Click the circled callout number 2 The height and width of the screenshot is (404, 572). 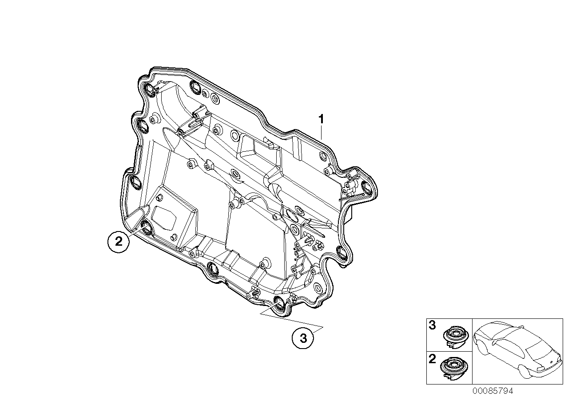click(x=119, y=242)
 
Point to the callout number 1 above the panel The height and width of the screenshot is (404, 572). click(x=321, y=107)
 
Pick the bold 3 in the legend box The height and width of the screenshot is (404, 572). click(x=432, y=326)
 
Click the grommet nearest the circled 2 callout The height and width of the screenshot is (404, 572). click(x=145, y=228)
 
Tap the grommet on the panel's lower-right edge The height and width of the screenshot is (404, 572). click(x=342, y=253)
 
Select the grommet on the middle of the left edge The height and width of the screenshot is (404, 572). click(x=133, y=180)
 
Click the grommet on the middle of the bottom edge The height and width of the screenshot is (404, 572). click(x=212, y=269)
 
